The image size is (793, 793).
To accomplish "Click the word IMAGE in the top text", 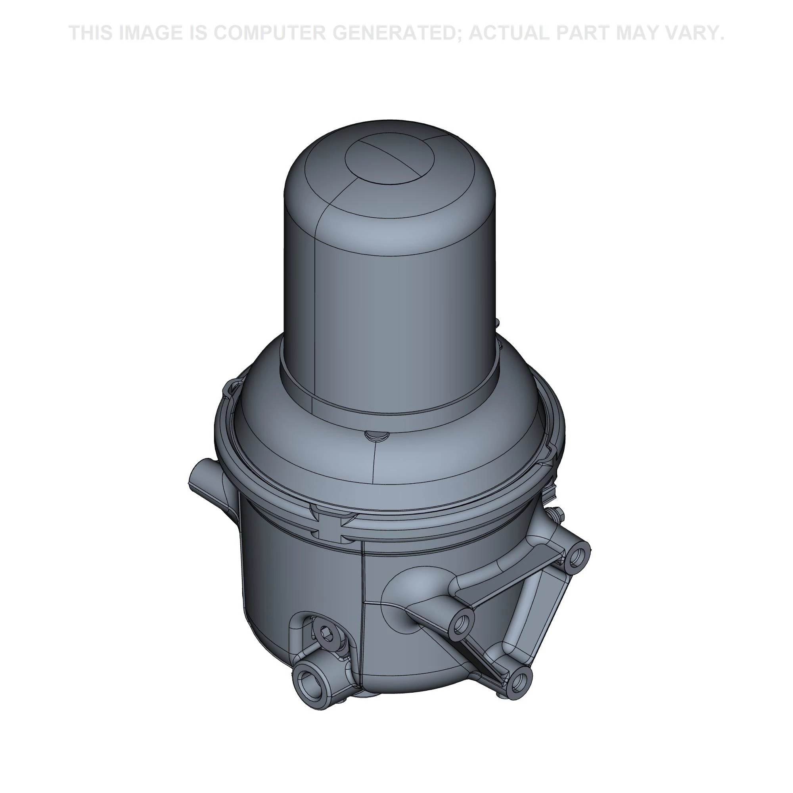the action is click(149, 33).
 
